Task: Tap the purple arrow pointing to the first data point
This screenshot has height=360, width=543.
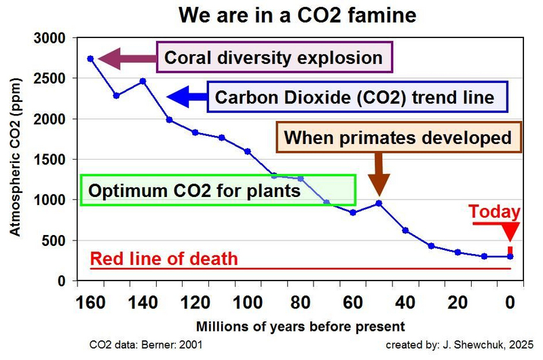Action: coord(126,58)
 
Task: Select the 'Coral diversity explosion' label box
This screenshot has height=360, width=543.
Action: coord(274,58)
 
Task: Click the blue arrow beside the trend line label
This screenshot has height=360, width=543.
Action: coord(186,97)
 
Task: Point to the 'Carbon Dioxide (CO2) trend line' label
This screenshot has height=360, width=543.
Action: coord(354,97)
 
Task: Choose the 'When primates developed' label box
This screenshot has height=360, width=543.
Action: coord(397,138)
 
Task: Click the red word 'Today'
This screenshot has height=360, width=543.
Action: coord(495,212)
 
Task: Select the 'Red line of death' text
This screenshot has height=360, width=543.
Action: coord(164,259)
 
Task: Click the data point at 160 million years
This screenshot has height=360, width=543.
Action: coord(90,58)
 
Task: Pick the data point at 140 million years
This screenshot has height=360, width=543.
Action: coord(143,81)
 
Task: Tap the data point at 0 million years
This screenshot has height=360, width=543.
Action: coord(510,256)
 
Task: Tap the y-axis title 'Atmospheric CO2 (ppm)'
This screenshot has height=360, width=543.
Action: coord(15,160)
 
